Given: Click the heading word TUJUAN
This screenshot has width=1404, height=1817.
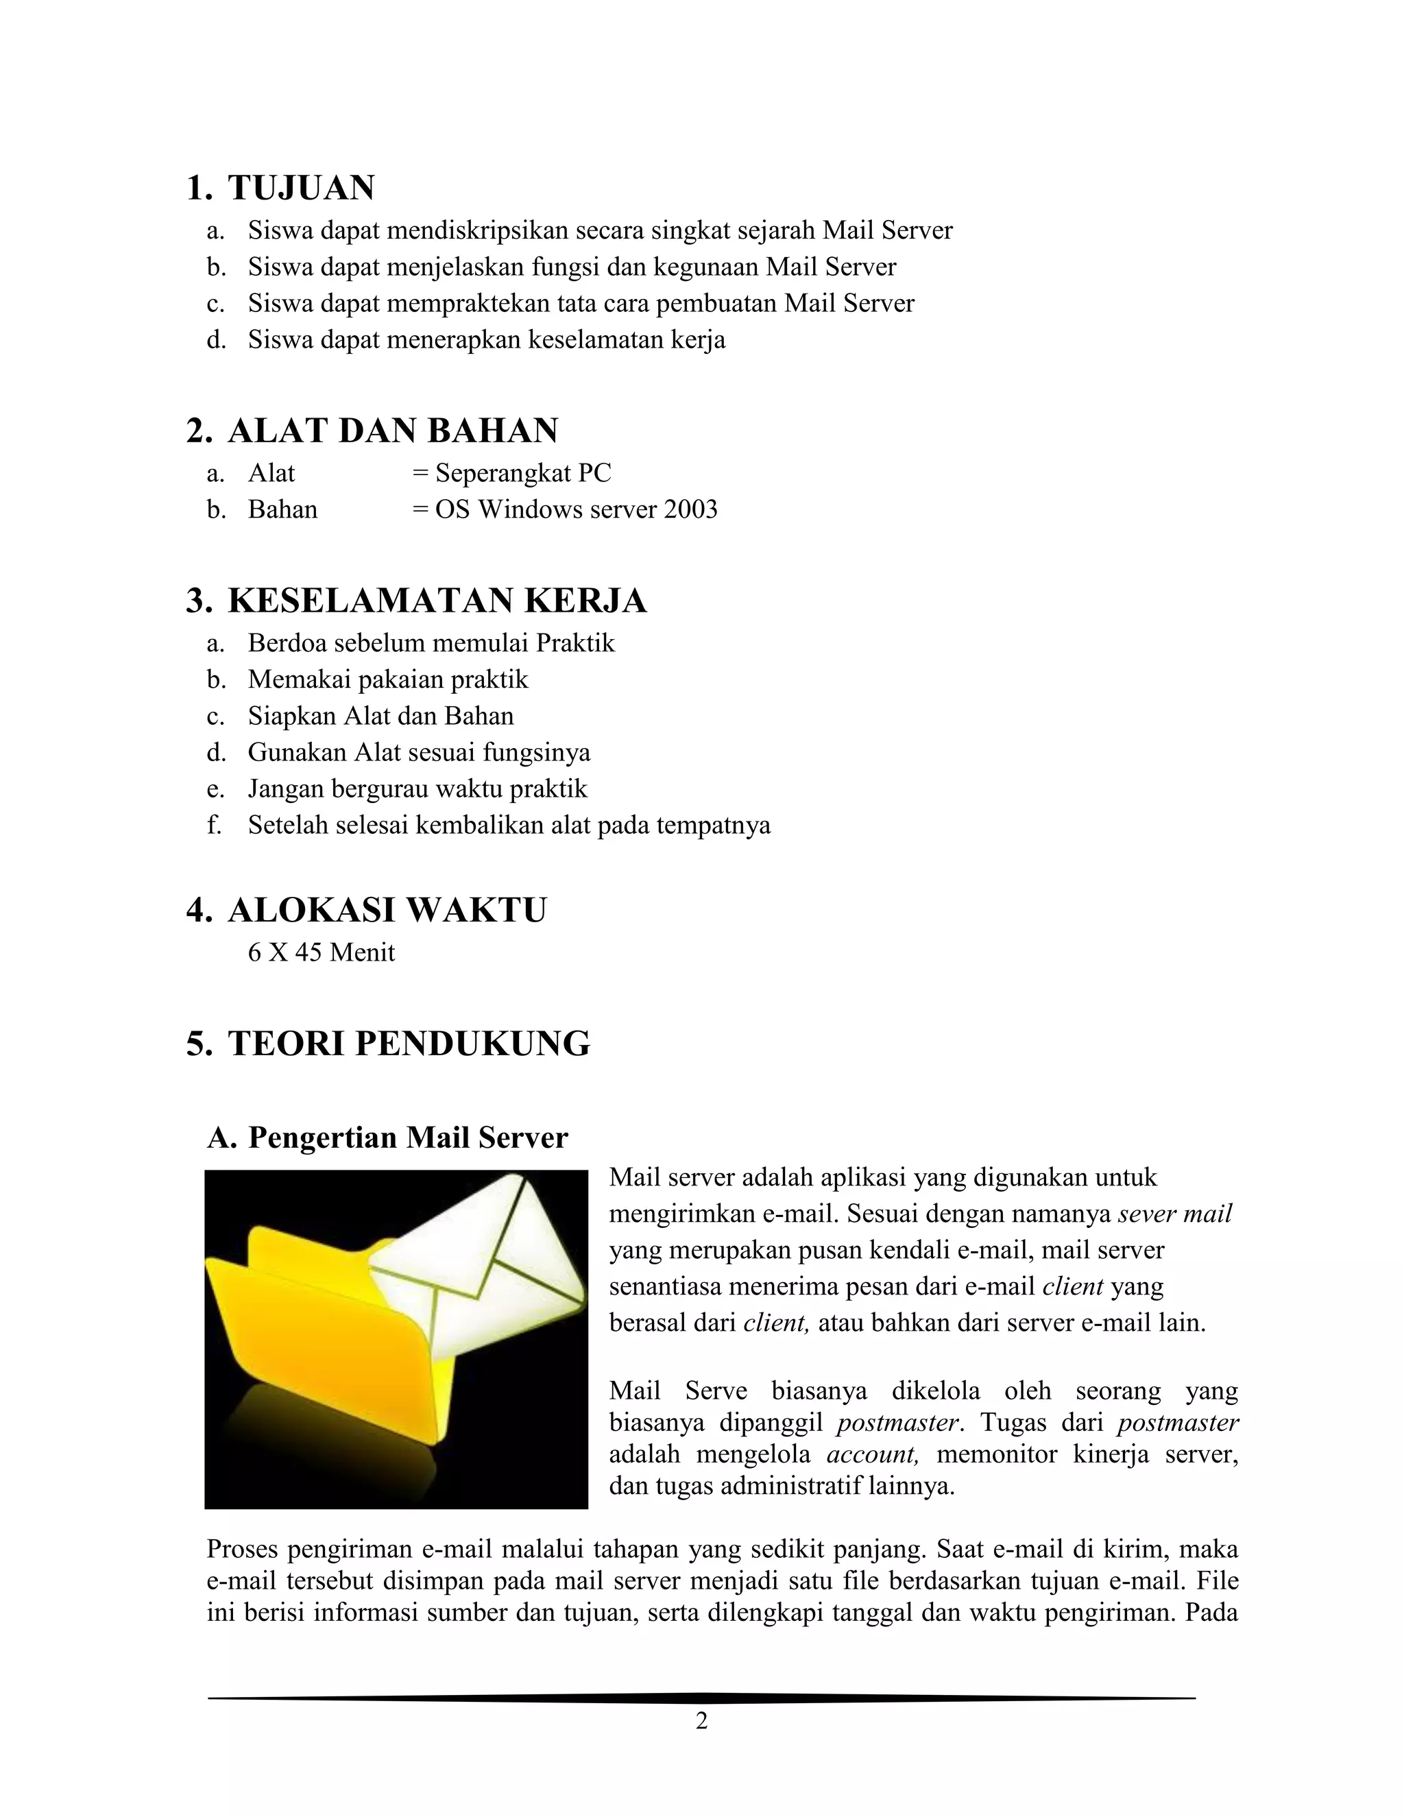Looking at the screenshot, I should tap(301, 188).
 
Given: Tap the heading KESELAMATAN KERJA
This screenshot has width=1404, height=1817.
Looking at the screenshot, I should tap(437, 601).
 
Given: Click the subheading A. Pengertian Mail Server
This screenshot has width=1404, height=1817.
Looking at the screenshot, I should tap(387, 1138).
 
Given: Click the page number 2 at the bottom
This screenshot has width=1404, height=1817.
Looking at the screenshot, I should tap(701, 1720).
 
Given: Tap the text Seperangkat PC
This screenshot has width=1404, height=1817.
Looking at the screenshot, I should tap(523, 473).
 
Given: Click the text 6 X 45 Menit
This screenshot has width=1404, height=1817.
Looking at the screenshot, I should tap(321, 952).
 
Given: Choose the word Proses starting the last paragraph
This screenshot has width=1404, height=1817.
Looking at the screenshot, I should tap(245, 1549).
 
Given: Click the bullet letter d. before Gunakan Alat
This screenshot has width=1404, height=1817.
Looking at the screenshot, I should tap(216, 753).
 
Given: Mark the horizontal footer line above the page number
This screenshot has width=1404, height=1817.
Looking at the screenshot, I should tap(701, 1698).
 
